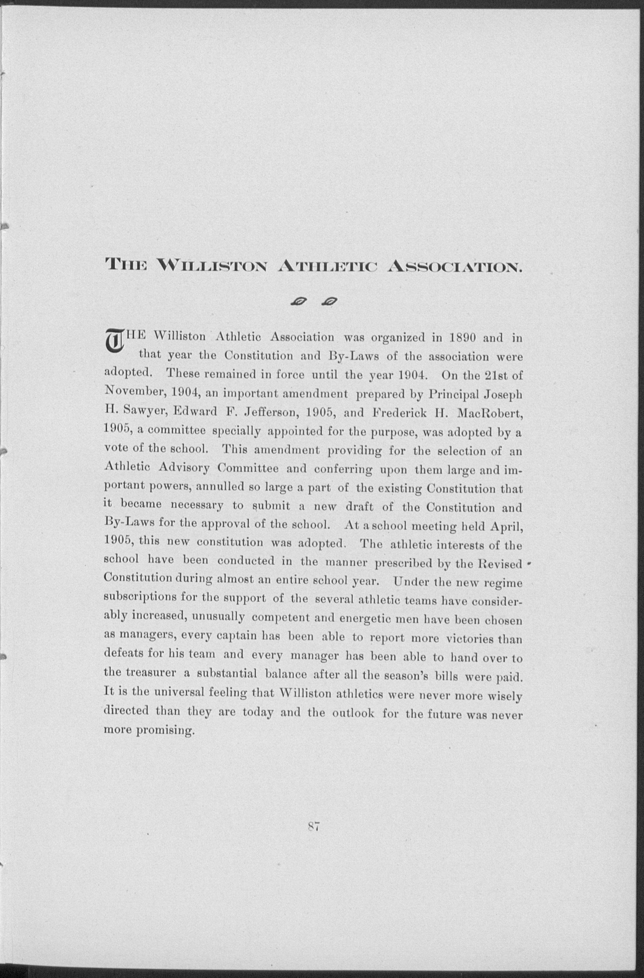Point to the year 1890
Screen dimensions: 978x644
pos(462,338)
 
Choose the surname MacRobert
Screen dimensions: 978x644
pos(489,413)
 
